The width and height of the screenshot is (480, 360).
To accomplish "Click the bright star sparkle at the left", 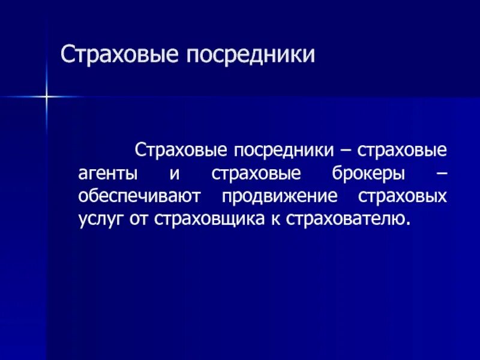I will pos(45,95).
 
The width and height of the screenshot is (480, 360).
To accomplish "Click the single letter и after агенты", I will pos(174,173).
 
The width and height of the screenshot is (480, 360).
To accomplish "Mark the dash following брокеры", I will pos(442,173).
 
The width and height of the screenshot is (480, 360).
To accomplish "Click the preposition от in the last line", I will pos(140,219).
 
